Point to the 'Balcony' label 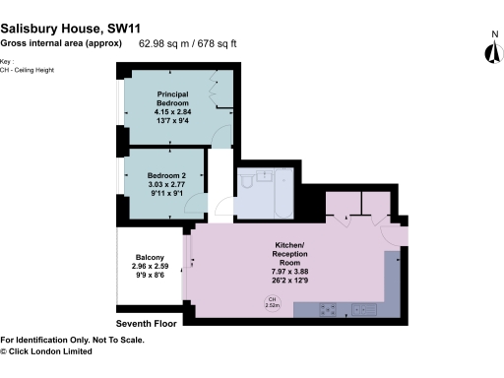pyautogui.click(x=150, y=257)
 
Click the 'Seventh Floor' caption pyautogui.click(x=147, y=323)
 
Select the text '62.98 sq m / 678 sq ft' pyautogui.click(x=188, y=43)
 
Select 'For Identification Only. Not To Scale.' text pyautogui.click(x=72, y=340)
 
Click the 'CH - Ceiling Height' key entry pyautogui.click(x=32, y=69)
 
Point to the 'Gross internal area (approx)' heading pyautogui.click(x=62, y=43)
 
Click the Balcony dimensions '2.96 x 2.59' pyautogui.click(x=151, y=267)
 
